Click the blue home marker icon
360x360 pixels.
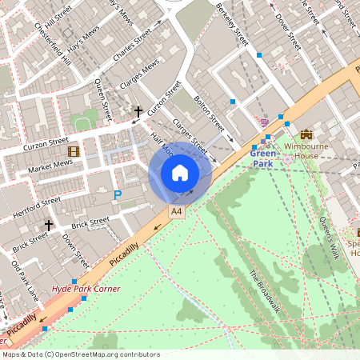point(179,173)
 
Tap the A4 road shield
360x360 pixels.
point(176,211)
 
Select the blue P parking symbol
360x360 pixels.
point(118,194)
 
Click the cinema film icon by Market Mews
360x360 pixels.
point(74,151)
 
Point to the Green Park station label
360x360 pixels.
point(262,158)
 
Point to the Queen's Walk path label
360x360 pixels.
point(330,237)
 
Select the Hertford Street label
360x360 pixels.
point(37,207)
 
